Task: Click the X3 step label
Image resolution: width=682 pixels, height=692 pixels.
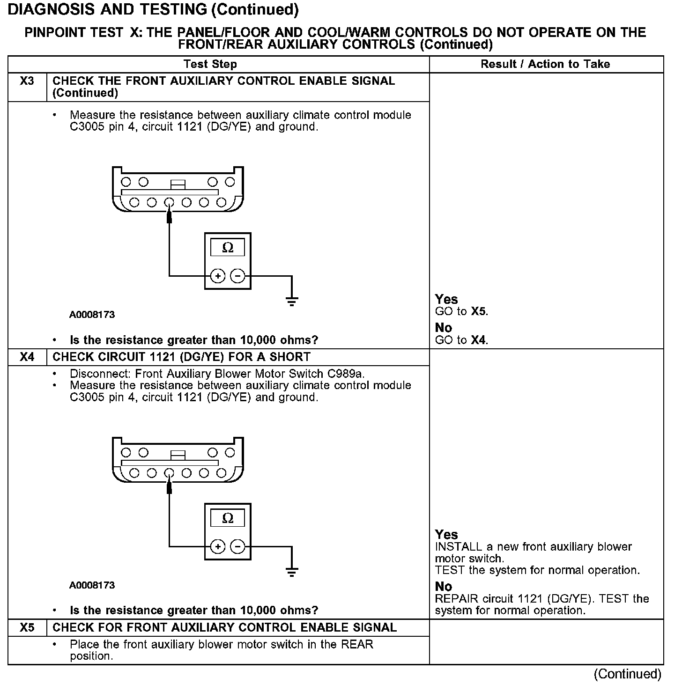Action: click(27, 81)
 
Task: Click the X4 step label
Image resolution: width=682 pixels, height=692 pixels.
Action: click(27, 357)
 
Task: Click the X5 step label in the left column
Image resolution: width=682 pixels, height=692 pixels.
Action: click(27, 627)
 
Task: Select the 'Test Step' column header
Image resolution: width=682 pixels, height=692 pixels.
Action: click(210, 64)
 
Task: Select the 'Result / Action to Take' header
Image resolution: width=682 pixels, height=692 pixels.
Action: click(545, 64)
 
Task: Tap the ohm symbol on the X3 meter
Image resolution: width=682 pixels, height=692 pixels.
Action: click(228, 248)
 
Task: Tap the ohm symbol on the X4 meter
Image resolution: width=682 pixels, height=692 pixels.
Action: click(228, 518)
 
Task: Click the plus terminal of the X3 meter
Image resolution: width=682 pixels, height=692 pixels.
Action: click(218, 276)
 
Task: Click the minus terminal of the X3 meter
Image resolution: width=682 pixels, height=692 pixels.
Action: click(238, 276)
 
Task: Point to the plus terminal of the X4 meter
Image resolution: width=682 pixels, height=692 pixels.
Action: click(218, 546)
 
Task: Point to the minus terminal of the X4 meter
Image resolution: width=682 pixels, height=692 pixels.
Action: click(238, 546)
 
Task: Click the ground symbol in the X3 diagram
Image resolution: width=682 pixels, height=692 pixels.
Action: click(292, 301)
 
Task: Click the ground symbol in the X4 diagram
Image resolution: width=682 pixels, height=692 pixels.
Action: click(292, 571)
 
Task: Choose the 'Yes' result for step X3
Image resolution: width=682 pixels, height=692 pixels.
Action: click(446, 299)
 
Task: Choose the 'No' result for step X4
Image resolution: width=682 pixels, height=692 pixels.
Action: click(444, 587)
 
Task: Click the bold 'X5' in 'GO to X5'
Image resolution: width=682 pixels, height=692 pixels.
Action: click(479, 312)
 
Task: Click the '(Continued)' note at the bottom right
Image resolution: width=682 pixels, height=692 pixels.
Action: click(628, 674)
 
